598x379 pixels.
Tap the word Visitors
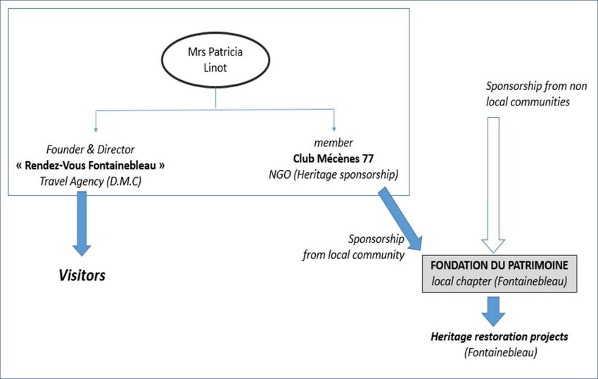pos(82,275)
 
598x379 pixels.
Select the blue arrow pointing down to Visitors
pos(82,224)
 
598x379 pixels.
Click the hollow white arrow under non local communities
pos(493,185)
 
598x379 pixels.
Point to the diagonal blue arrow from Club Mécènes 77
pos(400,219)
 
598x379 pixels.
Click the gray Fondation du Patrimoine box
pos(500,274)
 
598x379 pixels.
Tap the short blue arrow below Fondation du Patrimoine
pos(493,311)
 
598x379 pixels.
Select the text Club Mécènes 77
pos(333,158)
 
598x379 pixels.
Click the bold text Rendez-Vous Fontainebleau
pos(90,165)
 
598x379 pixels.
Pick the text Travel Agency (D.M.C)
pos(90,181)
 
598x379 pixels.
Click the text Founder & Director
pos(90,149)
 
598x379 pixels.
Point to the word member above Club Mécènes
pos(333,143)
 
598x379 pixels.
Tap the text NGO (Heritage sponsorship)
pos(333,174)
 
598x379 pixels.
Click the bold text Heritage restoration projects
pos(500,337)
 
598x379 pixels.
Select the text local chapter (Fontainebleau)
pos(500,281)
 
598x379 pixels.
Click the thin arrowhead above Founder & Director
pos(96,130)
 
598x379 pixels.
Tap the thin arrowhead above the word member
pos(334,129)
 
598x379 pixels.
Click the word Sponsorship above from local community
pos(376,238)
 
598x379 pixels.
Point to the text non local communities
pos(536,94)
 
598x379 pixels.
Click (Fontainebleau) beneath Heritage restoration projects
pos(500,352)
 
